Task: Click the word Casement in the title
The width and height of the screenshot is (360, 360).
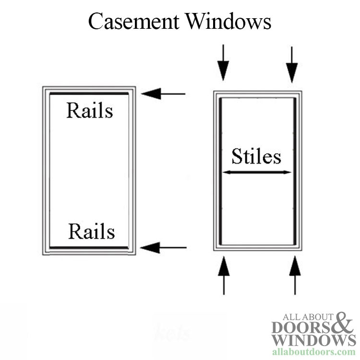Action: coord(133,22)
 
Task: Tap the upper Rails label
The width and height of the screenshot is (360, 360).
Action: coord(90,111)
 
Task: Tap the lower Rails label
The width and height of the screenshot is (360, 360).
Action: coord(91,232)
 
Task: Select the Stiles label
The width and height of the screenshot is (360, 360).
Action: coord(256,156)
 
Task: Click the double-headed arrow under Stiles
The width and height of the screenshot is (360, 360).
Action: coord(257,172)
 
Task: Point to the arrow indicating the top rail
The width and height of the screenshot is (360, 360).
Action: coord(163,94)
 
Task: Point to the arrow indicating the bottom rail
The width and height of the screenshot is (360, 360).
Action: coord(163,248)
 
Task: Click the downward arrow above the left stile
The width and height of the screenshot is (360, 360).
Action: coord(223,63)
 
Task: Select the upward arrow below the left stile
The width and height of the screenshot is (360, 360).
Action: coord(224,276)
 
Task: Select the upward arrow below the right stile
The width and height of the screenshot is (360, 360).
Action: coord(295,276)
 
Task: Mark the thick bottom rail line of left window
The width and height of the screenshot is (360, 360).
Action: coord(89,247)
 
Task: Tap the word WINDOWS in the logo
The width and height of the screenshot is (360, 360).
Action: coord(313,340)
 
